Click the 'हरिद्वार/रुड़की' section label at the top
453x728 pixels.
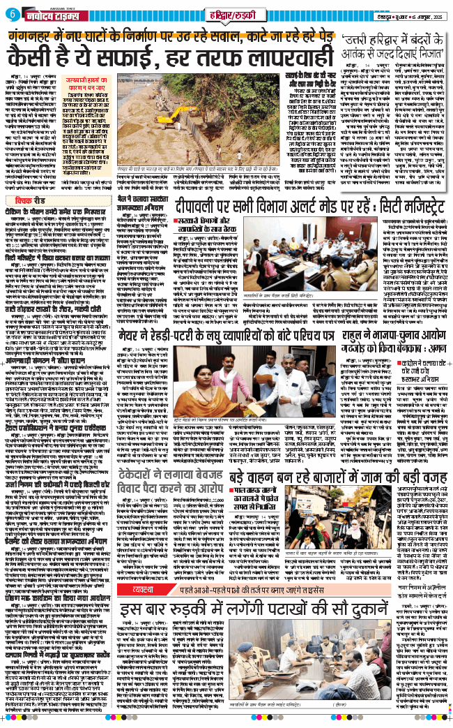(x=229, y=15)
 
